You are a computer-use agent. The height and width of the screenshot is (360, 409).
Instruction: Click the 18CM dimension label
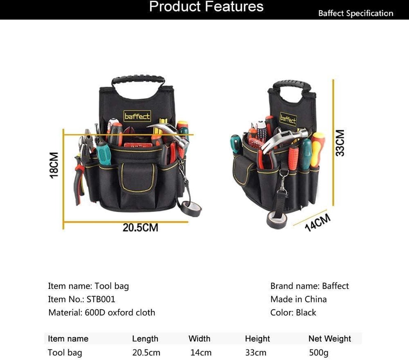pos(54,165)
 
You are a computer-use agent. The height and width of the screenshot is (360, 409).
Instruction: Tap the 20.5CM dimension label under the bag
pos(140,228)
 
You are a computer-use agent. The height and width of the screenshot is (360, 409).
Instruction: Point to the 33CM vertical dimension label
pos(340,143)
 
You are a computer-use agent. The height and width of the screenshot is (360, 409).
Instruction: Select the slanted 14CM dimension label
pos(318,223)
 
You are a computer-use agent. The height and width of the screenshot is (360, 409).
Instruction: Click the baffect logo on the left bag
pos(137,116)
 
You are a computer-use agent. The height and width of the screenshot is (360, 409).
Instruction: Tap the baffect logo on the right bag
pos(288,119)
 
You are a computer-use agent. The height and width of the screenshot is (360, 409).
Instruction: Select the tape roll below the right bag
pos(276,220)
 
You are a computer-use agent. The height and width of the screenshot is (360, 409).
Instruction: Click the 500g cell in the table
pos(319,353)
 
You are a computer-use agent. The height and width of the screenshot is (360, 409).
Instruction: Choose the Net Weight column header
pos(330,339)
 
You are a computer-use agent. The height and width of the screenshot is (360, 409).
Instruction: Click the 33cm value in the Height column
pos(256,353)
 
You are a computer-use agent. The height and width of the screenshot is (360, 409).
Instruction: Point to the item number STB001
pos(101,299)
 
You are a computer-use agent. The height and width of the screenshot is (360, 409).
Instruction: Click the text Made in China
pos(298,299)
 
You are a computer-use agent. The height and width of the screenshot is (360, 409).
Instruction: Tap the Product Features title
pos(206,6)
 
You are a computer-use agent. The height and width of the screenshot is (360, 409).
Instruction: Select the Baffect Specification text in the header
pos(356,13)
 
